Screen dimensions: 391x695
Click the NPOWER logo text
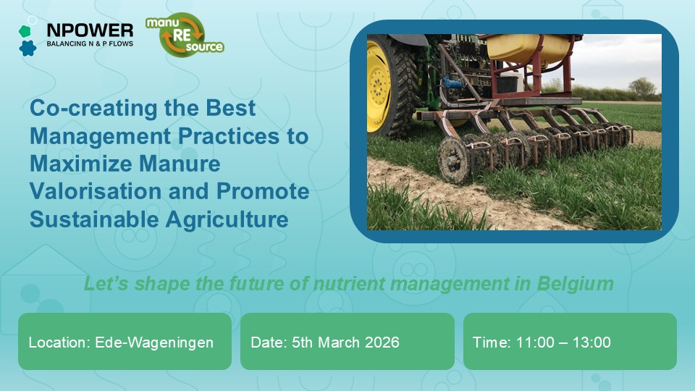(89, 30)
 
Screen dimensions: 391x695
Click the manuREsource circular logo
(185, 35)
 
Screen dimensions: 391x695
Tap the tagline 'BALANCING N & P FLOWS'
(89, 44)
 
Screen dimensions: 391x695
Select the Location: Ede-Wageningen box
(125, 342)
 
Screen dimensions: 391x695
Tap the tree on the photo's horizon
(641, 87)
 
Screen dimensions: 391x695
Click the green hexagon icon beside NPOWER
(24, 31)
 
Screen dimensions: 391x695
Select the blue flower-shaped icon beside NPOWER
(28, 48)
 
